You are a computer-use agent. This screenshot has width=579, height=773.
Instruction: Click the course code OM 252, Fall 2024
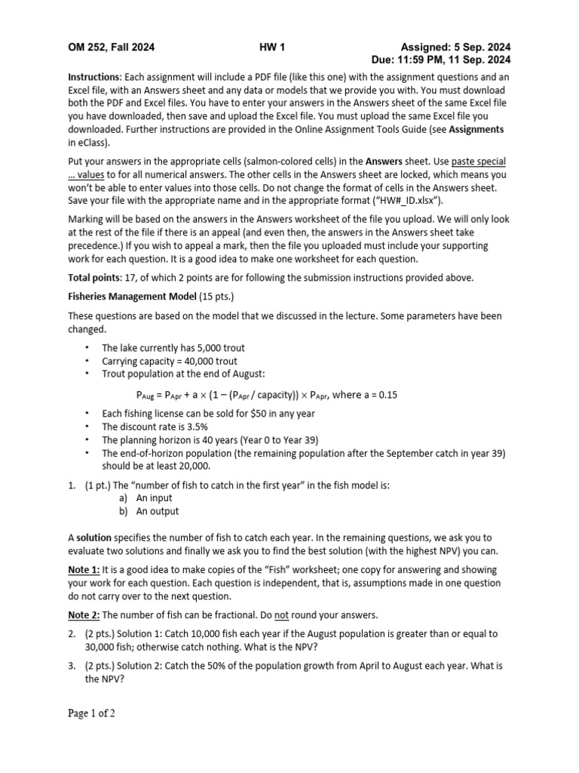(112, 47)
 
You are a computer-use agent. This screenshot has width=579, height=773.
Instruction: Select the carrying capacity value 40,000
(195, 361)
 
